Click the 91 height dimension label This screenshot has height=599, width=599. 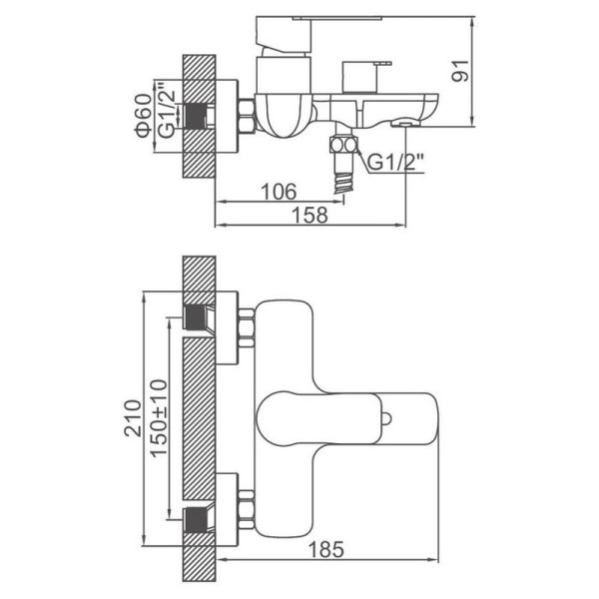pyautogui.click(x=460, y=71)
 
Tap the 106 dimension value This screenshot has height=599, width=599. pyautogui.click(x=279, y=192)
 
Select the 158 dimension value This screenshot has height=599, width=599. pyautogui.click(x=309, y=215)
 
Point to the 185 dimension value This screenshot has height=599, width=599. pyautogui.click(x=325, y=550)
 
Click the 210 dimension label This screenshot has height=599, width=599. pyautogui.click(x=133, y=418)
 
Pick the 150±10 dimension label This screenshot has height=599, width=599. pyautogui.click(x=159, y=418)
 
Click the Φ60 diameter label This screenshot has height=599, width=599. pyautogui.click(x=143, y=115)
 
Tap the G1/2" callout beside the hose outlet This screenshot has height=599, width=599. pyautogui.click(x=395, y=162)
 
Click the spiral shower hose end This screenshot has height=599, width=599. pyautogui.click(x=343, y=183)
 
